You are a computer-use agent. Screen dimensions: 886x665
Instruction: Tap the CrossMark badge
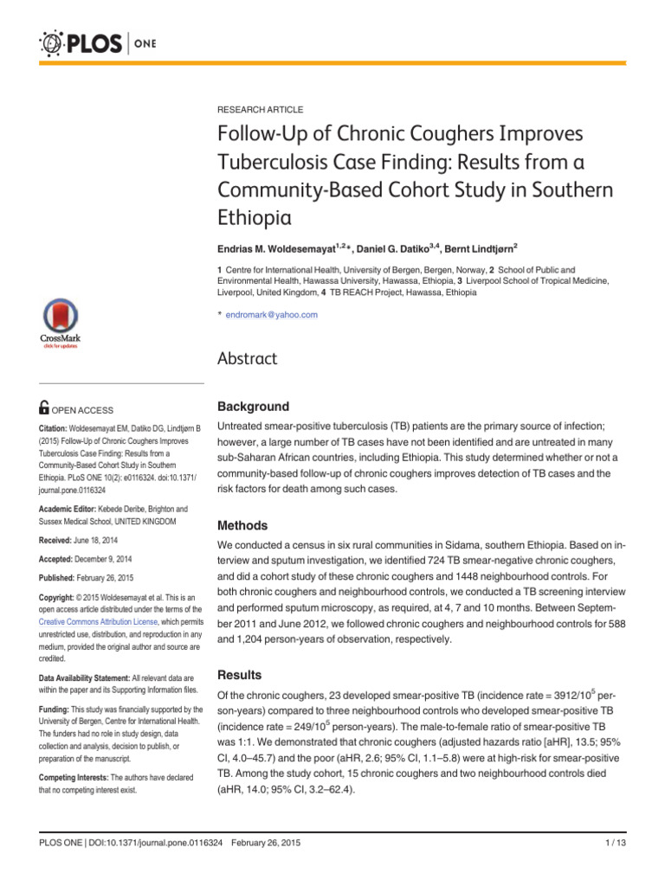click(x=60, y=327)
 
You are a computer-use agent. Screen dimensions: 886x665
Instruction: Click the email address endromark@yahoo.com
click(x=271, y=315)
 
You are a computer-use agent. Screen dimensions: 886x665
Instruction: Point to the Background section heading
click(x=253, y=407)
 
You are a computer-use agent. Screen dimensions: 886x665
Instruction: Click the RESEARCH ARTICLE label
click(x=260, y=110)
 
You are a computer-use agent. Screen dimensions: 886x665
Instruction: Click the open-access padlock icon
click(x=46, y=409)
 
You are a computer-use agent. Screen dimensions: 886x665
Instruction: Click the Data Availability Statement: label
click(x=95, y=677)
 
